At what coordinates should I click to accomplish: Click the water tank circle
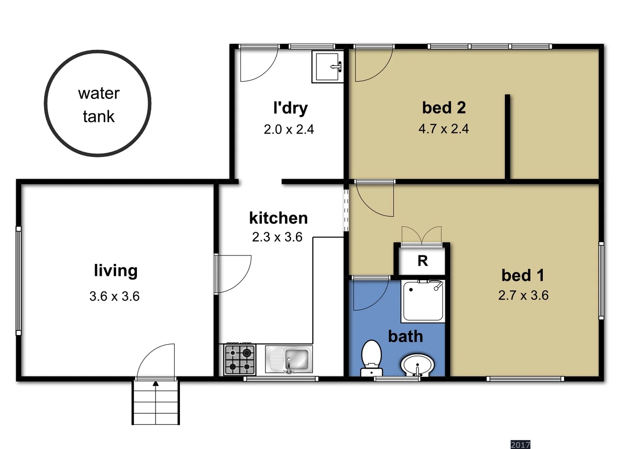(97, 104)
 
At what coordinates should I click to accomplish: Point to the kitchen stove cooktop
(240, 360)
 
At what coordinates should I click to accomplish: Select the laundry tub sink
(328, 67)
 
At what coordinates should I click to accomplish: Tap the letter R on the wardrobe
(423, 261)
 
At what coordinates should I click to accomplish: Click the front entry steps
(156, 402)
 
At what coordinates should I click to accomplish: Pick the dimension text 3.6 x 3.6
(114, 296)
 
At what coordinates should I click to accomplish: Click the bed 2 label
(444, 108)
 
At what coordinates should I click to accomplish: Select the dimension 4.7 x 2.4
(444, 129)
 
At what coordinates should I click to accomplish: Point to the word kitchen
(278, 218)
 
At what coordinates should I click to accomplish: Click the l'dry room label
(290, 108)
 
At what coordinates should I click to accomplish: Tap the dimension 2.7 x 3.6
(523, 296)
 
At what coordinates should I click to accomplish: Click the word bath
(405, 336)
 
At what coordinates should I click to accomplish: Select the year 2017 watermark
(520, 445)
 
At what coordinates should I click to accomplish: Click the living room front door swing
(155, 361)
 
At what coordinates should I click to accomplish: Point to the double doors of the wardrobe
(421, 236)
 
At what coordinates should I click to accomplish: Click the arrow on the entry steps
(156, 383)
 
